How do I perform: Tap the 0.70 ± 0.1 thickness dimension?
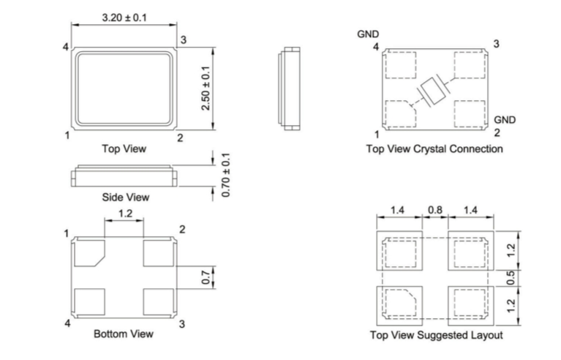coord(226,175)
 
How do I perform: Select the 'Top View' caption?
coord(124,149)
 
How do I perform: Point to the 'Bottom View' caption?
coord(124,334)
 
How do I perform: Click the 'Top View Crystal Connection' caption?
coord(434,149)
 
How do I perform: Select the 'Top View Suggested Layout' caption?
coord(436,335)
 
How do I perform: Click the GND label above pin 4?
coord(368,34)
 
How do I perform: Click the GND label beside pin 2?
coord(505,119)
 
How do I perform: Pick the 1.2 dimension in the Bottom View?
coord(125,214)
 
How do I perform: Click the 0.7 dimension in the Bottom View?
coord(206,277)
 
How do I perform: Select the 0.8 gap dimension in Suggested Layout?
coord(435,210)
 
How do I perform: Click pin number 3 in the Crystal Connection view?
coord(497,45)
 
